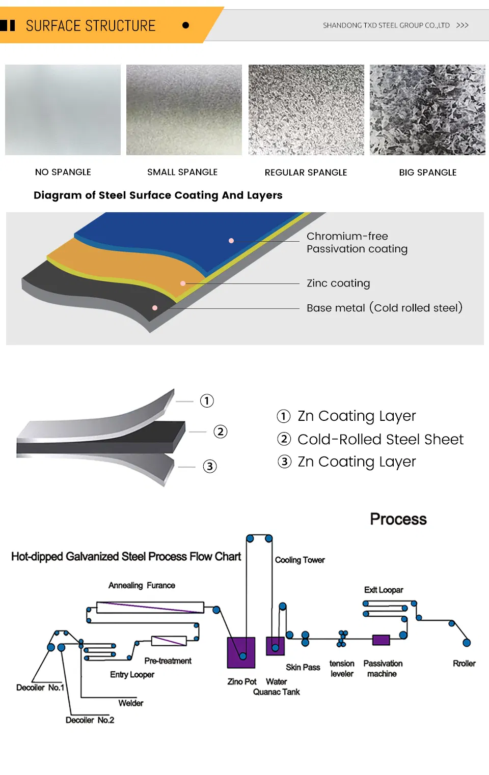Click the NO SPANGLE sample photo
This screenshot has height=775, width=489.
coord(63,109)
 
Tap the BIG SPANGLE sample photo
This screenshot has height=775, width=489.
coord(427,109)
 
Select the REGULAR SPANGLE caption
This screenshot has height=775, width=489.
coord(306,173)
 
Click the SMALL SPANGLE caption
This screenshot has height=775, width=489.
coord(182,172)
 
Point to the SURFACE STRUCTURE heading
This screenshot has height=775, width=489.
coord(91,25)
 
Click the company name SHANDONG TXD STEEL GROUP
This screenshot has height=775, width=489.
coord(386,25)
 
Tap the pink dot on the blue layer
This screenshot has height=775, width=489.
coord(231,241)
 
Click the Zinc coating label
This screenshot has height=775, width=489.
coord(338,283)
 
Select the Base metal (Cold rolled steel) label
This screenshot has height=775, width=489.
coord(384,308)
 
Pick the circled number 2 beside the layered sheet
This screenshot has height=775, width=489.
coord(220,432)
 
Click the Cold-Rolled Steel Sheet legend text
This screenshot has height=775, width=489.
coord(380,439)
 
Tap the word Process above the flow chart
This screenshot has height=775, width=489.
coord(398,519)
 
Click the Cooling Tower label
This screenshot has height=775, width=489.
coord(300,560)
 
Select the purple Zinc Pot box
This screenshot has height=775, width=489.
coord(241,652)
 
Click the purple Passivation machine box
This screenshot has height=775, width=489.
coord(381,640)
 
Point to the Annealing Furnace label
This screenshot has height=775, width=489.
coord(142,585)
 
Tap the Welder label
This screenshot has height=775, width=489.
coord(131,703)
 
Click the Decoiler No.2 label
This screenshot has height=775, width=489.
coord(90,720)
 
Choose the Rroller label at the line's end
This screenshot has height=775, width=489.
coord(464,663)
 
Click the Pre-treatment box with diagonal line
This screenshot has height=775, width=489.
coord(169,641)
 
